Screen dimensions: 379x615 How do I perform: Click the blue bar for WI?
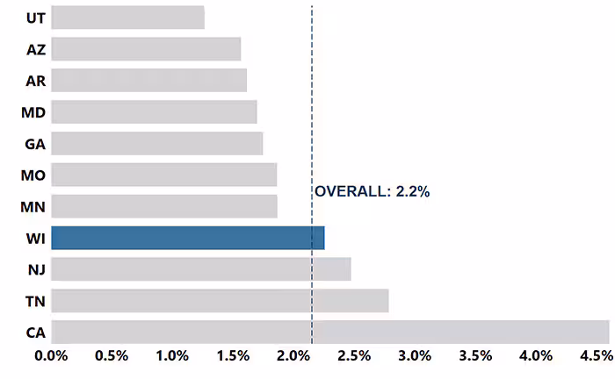pos(187,238)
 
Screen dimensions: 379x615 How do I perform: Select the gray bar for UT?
pos(127,18)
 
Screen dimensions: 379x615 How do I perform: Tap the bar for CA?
pos(329,333)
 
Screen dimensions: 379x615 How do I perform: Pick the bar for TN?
pos(220,301)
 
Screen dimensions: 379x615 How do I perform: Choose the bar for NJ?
pos(200,269)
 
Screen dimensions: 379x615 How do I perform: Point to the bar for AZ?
pos(146,49)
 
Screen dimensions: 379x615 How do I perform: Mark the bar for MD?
pos(154,112)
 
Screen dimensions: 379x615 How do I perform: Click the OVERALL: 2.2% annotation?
pos(373,191)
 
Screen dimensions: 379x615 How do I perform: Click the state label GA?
pos(36,144)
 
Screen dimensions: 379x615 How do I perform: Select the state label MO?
pos(33,175)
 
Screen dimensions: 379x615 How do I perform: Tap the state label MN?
pos(33,207)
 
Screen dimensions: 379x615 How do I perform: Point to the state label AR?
pos(36,81)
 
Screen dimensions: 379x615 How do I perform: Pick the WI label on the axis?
pos(35,239)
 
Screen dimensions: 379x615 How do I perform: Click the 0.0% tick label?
pos(51,356)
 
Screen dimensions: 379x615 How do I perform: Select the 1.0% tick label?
pos(172,356)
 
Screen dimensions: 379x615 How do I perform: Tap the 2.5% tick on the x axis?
pos(354,356)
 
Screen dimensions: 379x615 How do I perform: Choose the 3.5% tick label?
pos(475,356)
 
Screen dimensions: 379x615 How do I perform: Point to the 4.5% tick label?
pos(595,356)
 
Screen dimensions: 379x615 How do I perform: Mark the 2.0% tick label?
pos(293,356)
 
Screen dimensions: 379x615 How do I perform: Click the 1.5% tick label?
pos(233,356)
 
